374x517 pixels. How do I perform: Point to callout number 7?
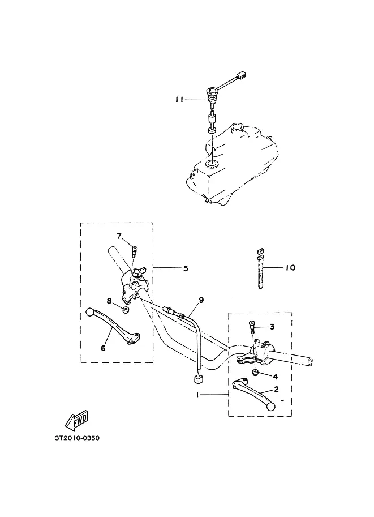pyautogui.click(x=119, y=236)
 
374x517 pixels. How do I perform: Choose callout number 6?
pyautogui.click(x=103, y=348)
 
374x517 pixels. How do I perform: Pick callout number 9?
pyautogui.click(x=200, y=300)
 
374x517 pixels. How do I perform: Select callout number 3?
pyautogui.click(x=272, y=327)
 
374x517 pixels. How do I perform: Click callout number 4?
pyautogui.click(x=276, y=376)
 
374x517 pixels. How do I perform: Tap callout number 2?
pyautogui.click(x=276, y=389)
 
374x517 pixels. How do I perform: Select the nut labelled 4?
pyautogui.click(x=255, y=373)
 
